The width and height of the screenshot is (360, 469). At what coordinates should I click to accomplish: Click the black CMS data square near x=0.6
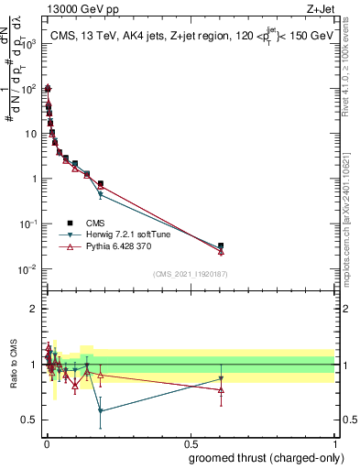221,246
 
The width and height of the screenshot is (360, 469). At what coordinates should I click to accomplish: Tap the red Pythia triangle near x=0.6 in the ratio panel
221,390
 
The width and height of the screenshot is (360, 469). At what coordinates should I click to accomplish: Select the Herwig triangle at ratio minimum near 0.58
100,410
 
